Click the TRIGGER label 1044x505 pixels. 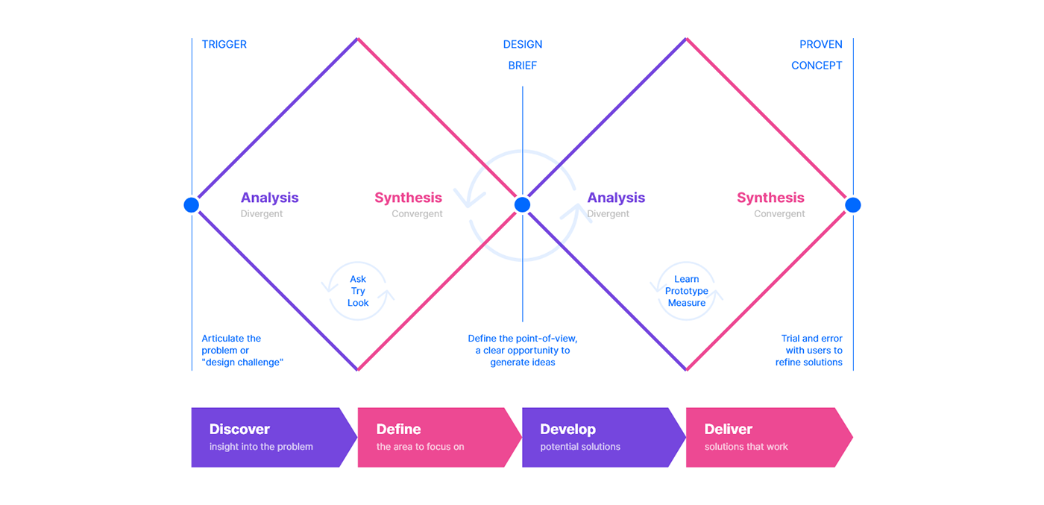(224, 44)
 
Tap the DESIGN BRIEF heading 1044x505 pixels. (523, 55)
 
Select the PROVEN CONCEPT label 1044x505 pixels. (817, 55)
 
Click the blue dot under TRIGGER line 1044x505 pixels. (192, 205)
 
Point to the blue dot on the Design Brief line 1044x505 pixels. (523, 204)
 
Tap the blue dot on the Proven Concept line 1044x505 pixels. (853, 205)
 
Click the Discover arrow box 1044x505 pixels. (274, 437)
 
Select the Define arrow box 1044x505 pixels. (439, 437)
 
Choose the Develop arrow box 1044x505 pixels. (604, 437)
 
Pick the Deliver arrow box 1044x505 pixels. (770, 437)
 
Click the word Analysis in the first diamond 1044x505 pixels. (269, 198)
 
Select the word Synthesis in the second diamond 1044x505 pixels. (770, 198)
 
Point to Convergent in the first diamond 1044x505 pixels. (417, 213)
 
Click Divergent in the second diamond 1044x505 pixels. (608, 213)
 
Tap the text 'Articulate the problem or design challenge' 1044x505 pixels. (242, 350)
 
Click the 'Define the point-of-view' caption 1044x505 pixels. (523, 350)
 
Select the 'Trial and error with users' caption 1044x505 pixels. (809, 350)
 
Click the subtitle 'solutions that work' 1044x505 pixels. (746, 447)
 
